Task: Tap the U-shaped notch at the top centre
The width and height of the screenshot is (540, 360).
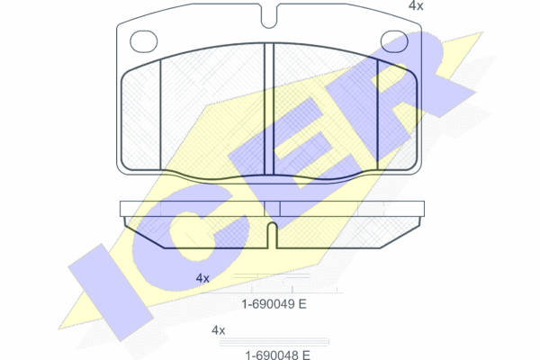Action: (269, 16)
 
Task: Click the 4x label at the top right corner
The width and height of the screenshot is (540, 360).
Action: (416, 6)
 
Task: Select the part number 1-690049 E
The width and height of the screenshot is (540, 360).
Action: (274, 304)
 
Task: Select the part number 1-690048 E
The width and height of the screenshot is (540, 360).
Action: (277, 355)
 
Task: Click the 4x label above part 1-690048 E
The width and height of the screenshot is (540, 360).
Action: (218, 330)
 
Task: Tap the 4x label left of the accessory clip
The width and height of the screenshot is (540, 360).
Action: (202, 278)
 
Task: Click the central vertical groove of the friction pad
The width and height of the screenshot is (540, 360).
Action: (268, 109)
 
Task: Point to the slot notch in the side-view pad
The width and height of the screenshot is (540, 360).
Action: (272, 235)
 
